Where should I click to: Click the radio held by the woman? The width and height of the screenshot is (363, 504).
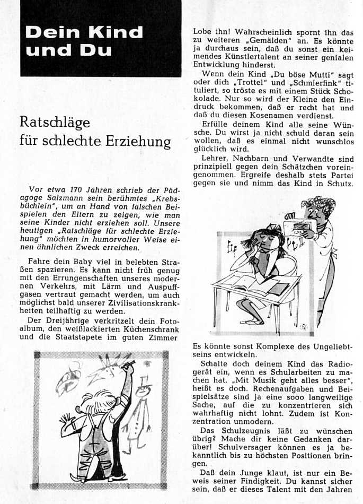click(x=303, y=228)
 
